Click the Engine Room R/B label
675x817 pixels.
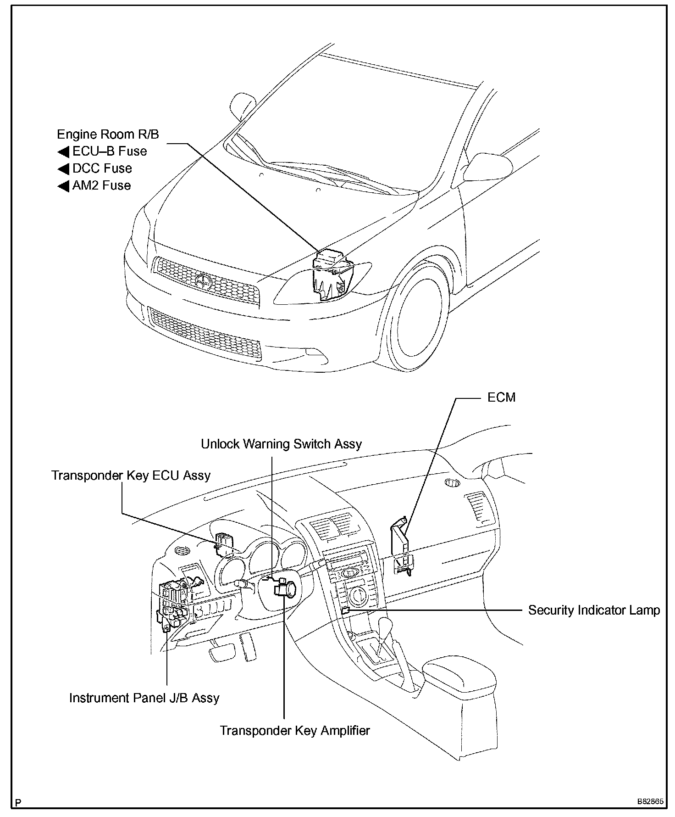(x=108, y=134)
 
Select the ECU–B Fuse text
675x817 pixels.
(x=110, y=151)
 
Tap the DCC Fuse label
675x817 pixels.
(x=102, y=168)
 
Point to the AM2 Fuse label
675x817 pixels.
(x=101, y=185)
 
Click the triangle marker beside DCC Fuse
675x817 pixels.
(x=63, y=169)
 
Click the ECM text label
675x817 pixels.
(x=501, y=397)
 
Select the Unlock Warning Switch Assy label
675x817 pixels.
(x=281, y=444)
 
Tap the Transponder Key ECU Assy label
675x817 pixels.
(x=131, y=475)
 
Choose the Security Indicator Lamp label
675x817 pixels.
(x=594, y=610)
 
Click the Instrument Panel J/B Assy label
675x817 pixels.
(x=144, y=698)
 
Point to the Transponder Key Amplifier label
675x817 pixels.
(x=294, y=730)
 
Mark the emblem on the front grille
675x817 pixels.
(x=202, y=280)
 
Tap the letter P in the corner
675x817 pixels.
(x=18, y=802)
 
